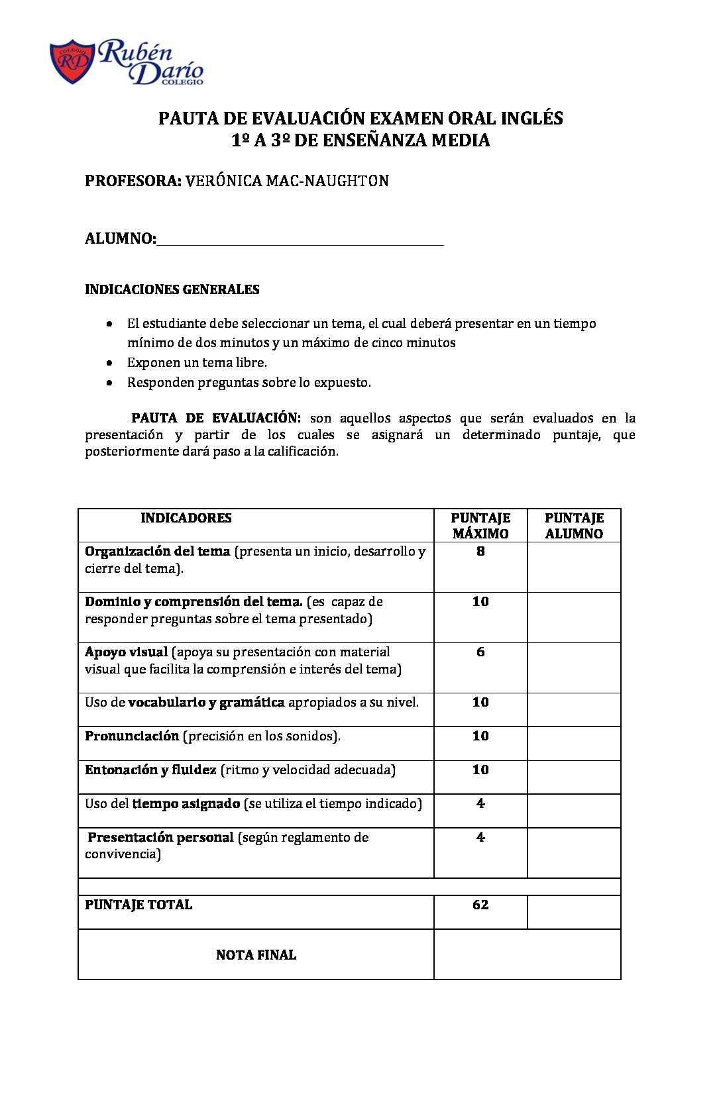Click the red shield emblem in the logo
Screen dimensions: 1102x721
(72, 62)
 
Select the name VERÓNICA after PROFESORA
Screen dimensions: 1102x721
(223, 181)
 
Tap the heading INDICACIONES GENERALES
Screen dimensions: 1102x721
(172, 289)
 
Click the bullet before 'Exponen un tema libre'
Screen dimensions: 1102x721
(109, 363)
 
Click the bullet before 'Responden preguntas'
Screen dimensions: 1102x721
(109, 383)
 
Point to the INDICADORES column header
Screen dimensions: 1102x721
(186, 518)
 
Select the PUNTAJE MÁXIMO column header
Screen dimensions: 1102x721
(480, 526)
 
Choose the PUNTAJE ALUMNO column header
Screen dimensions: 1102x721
(574, 526)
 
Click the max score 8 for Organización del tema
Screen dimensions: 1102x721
(480, 551)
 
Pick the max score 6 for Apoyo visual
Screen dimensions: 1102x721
(480, 652)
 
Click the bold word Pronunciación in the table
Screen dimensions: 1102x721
(132, 736)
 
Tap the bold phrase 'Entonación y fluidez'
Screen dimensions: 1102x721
(150, 770)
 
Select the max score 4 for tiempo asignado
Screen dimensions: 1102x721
(480, 803)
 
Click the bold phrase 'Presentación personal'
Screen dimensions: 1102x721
(160, 837)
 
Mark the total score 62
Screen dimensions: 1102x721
(480, 905)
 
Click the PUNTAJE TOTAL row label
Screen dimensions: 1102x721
(139, 905)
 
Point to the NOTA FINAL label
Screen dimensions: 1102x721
(256, 955)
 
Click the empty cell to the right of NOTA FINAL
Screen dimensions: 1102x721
(527, 954)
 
